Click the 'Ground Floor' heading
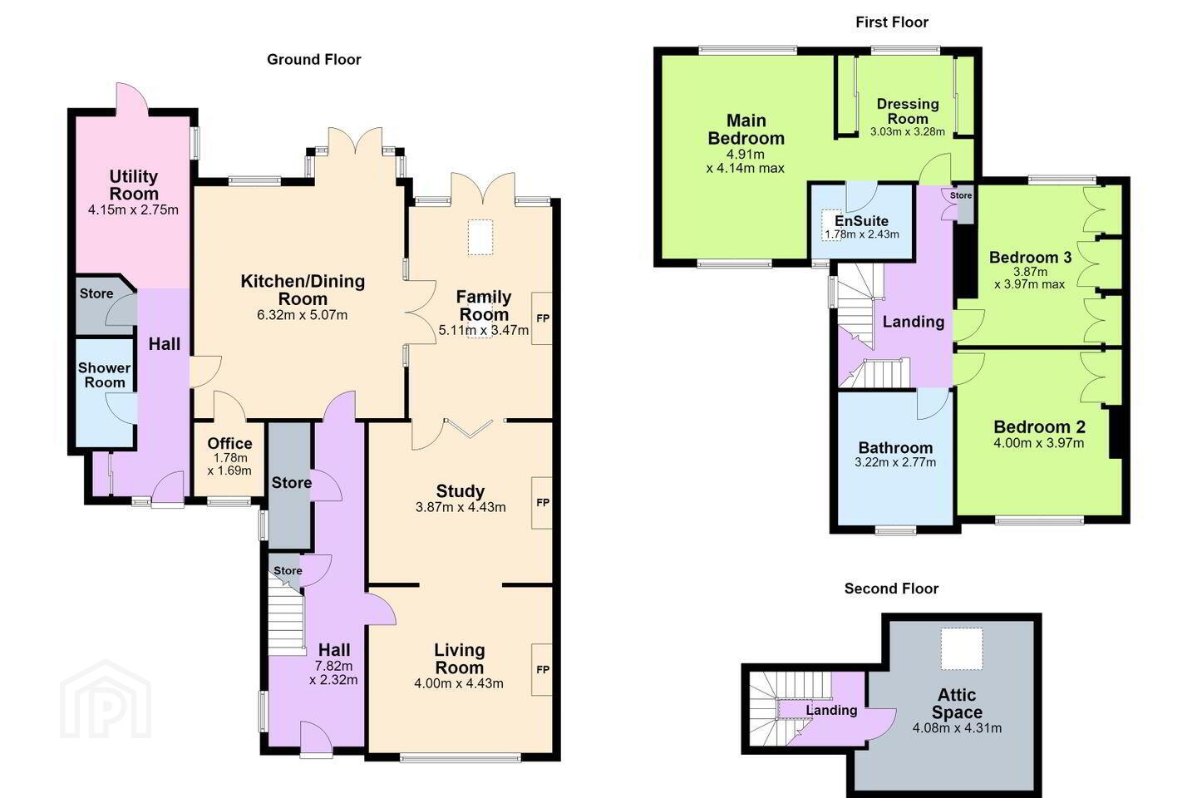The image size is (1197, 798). pyautogui.click(x=313, y=59)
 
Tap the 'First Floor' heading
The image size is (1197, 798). pyautogui.click(x=892, y=22)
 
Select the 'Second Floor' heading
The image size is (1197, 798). pyautogui.click(x=891, y=589)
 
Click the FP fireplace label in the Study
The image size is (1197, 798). pyautogui.click(x=542, y=502)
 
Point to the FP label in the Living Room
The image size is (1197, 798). pyautogui.click(x=542, y=670)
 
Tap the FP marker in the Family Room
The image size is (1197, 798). pyautogui.click(x=542, y=318)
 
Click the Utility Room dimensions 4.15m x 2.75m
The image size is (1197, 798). pyautogui.click(x=133, y=209)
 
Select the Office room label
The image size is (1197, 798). pyautogui.click(x=229, y=443)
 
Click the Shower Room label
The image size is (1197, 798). pyautogui.click(x=105, y=375)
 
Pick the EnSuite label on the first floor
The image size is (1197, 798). pyautogui.click(x=861, y=221)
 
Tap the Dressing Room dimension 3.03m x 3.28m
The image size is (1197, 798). pyautogui.click(x=908, y=131)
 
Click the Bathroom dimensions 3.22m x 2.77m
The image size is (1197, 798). pyautogui.click(x=895, y=462)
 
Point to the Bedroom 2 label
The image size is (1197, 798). pyautogui.click(x=1039, y=427)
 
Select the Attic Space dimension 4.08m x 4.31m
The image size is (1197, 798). pyautogui.click(x=957, y=728)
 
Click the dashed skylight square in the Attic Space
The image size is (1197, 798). pyautogui.click(x=962, y=648)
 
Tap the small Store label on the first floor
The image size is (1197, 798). pyautogui.click(x=961, y=195)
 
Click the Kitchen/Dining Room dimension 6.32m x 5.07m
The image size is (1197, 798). pyautogui.click(x=303, y=315)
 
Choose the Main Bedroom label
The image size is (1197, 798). pyautogui.click(x=746, y=130)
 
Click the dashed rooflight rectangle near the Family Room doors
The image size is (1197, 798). pyautogui.click(x=482, y=237)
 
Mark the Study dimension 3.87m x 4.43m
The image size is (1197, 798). pyautogui.click(x=461, y=507)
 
